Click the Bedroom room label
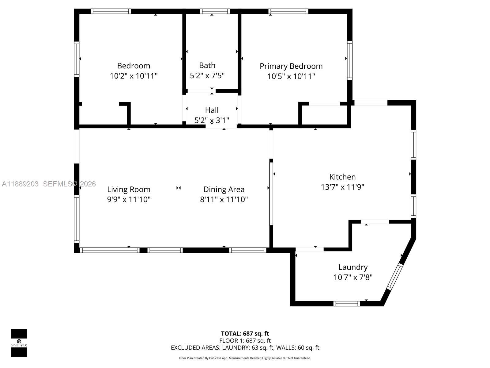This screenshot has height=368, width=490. click(x=134, y=66)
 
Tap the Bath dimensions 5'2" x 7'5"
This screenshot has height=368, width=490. click(x=207, y=75)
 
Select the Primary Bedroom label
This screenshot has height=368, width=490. click(x=291, y=66)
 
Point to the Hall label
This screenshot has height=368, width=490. click(x=212, y=110)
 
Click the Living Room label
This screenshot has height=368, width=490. click(x=129, y=190)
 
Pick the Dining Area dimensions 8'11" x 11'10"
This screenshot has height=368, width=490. click(x=224, y=200)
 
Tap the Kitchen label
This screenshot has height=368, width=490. click(x=342, y=177)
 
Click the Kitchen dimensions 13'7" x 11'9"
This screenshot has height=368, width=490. click(x=342, y=187)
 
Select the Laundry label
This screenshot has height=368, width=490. click(x=353, y=267)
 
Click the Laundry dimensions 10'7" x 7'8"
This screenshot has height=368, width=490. click(x=353, y=277)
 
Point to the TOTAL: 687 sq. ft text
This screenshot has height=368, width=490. click(x=245, y=334)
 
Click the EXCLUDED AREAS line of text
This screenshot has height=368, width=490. click(x=245, y=348)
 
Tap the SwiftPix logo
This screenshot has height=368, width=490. click(x=19, y=343)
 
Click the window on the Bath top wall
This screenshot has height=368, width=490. click(x=215, y=11)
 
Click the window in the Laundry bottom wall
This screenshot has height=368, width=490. click(x=347, y=304)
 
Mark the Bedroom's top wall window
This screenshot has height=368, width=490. click(x=111, y=11)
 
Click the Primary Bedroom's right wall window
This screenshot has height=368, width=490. click(x=349, y=60)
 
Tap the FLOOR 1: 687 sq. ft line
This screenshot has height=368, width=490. click(x=245, y=341)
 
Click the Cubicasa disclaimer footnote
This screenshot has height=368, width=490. click(x=245, y=358)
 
